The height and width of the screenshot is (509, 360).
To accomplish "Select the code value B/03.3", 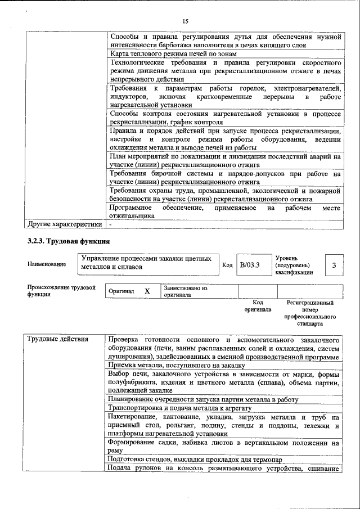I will click(x=249, y=265).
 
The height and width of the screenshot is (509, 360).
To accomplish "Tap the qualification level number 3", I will click(x=334, y=265).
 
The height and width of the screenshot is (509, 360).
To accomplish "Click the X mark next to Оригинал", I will click(x=147, y=291).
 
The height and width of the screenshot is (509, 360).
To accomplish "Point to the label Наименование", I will click(x=46, y=264).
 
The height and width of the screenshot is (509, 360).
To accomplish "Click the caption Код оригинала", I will click(x=258, y=306).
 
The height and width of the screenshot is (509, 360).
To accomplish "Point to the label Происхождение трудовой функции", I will click(x=61, y=291).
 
